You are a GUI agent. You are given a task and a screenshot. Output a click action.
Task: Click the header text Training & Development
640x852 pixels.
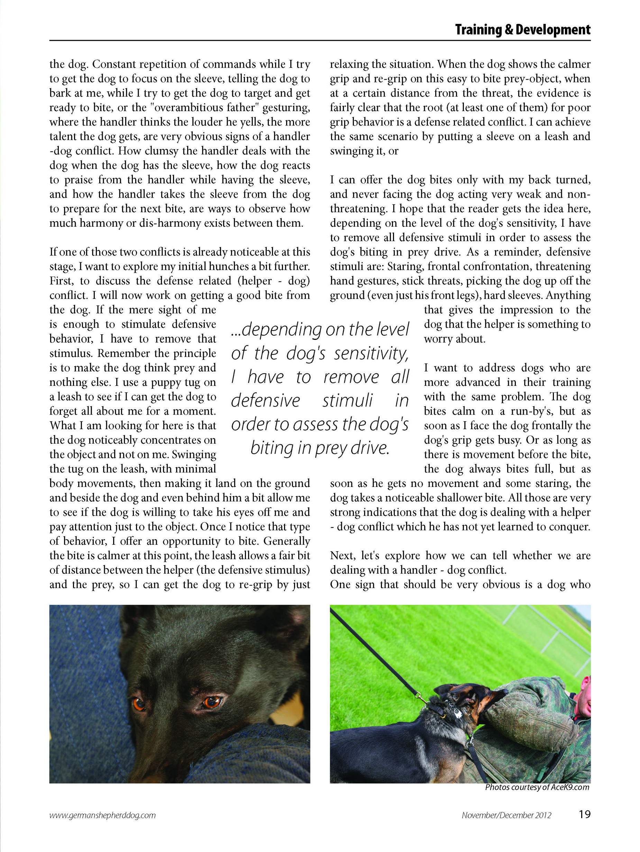click(x=522, y=30)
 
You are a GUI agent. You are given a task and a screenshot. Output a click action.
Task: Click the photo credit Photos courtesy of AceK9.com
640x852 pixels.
click(x=537, y=787)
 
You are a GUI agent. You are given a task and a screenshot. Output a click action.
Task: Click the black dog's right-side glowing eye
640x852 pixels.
click(x=211, y=702)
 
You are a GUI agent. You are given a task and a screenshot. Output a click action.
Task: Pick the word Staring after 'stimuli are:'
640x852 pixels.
click(x=405, y=266)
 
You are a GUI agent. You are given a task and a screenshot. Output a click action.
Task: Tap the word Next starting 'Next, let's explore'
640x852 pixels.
click(x=343, y=556)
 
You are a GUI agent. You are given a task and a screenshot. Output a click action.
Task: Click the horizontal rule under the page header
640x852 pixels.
click(x=320, y=40)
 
